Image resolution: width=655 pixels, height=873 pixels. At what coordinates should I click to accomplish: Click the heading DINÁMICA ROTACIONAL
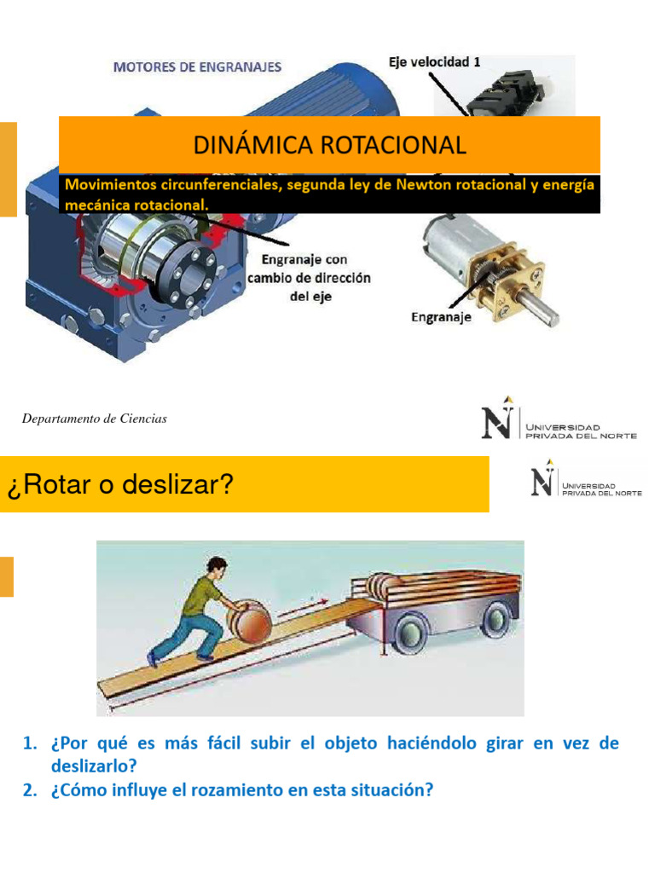tap(329, 144)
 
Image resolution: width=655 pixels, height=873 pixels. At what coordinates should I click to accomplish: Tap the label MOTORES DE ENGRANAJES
tap(197, 67)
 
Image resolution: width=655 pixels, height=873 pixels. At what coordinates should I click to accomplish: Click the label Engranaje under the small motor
tap(442, 317)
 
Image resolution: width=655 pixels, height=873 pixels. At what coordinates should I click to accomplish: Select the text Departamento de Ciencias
tap(95, 419)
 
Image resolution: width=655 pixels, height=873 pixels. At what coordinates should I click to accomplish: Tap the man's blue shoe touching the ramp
tap(154, 658)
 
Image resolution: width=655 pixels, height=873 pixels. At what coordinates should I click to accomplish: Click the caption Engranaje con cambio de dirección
tap(309, 269)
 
